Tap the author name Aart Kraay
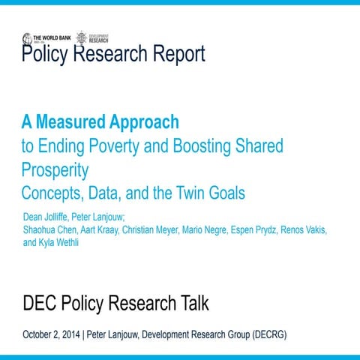(x=101, y=229)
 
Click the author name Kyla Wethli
(x=64, y=242)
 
